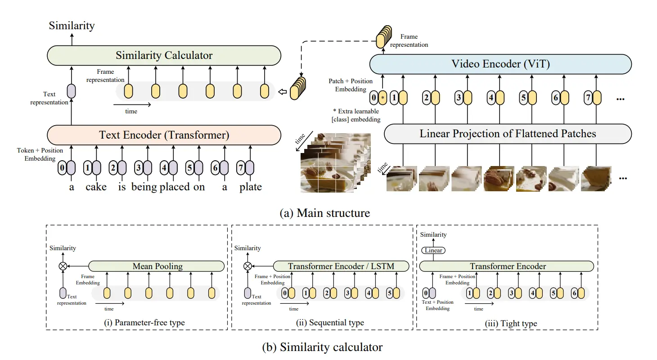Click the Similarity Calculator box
(164, 56)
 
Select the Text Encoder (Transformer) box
(164, 135)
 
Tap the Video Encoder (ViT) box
(500, 64)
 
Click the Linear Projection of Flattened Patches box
(508, 134)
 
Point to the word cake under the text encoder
(96, 187)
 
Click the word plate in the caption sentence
(250, 187)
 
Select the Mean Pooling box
(157, 266)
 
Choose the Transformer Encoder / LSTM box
(341, 266)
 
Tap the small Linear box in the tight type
(433, 250)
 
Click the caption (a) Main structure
(324, 213)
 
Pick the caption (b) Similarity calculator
(322, 347)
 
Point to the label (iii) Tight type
(510, 324)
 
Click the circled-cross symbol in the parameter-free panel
(63, 266)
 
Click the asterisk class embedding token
(382, 98)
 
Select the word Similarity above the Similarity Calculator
(71, 26)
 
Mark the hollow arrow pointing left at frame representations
(282, 92)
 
